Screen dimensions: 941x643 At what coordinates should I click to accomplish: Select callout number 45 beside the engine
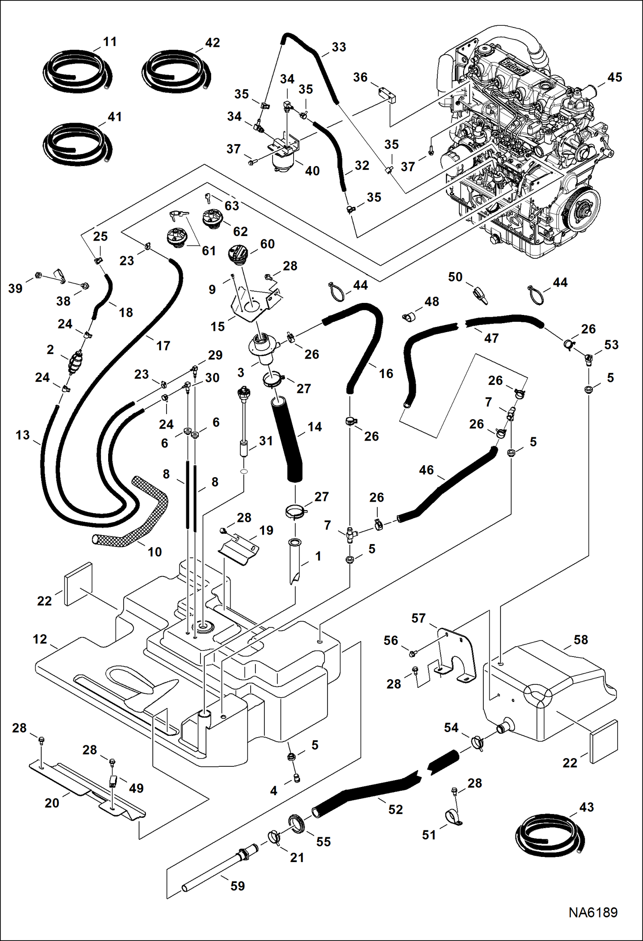click(x=614, y=77)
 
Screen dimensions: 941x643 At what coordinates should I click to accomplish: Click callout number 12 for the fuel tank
click(x=39, y=639)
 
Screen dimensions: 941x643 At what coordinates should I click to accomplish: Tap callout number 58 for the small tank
click(x=580, y=640)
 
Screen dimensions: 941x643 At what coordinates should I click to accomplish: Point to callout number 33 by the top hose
click(x=339, y=47)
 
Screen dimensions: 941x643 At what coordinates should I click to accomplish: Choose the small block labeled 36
click(x=387, y=96)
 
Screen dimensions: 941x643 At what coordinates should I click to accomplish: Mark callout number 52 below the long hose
click(x=395, y=809)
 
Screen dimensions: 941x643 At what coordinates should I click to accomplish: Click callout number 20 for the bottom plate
click(x=52, y=802)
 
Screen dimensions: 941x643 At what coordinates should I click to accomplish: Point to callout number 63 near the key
click(x=231, y=206)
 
